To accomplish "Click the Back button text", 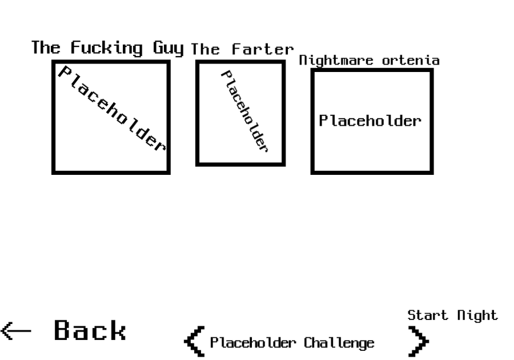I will point(90,331).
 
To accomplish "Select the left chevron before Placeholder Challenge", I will point(194,342).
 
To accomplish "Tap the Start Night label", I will point(452,315).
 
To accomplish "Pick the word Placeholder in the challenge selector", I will point(253,343).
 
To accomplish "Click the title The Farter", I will point(242,50).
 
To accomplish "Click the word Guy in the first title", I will point(168,48).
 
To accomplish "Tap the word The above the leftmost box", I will point(46,47).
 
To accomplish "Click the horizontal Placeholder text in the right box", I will point(370,121).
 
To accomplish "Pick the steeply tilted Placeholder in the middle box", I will point(244,111).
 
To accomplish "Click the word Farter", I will point(263,50).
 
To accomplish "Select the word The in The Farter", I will point(205,50).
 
